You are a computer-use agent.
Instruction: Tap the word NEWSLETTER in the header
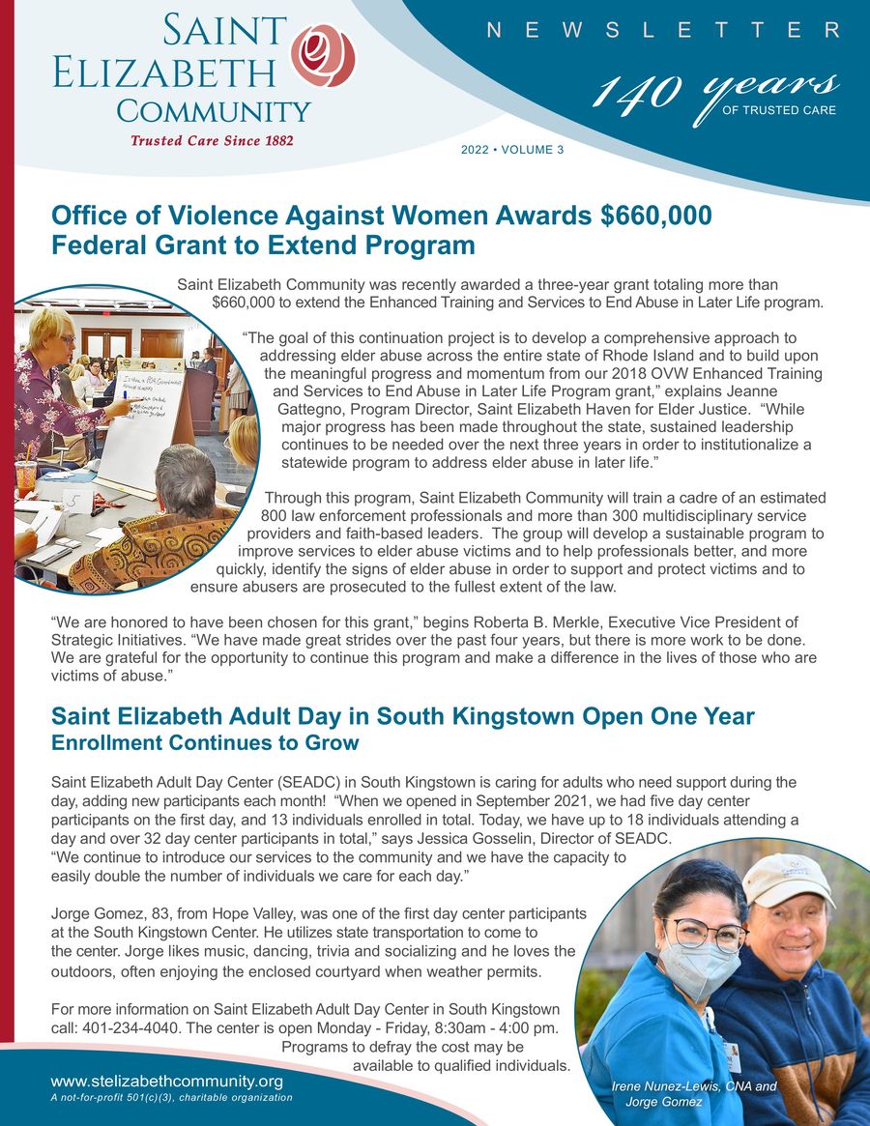click(663, 30)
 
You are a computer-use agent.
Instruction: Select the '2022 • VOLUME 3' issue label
click(512, 150)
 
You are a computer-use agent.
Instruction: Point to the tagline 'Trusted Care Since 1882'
click(212, 140)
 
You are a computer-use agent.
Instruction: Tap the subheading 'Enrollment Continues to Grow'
click(205, 743)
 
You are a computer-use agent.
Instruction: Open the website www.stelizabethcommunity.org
click(166, 1081)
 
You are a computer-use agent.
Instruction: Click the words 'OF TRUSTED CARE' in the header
click(779, 110)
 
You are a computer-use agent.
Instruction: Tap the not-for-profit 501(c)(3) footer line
click(171, 1097)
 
